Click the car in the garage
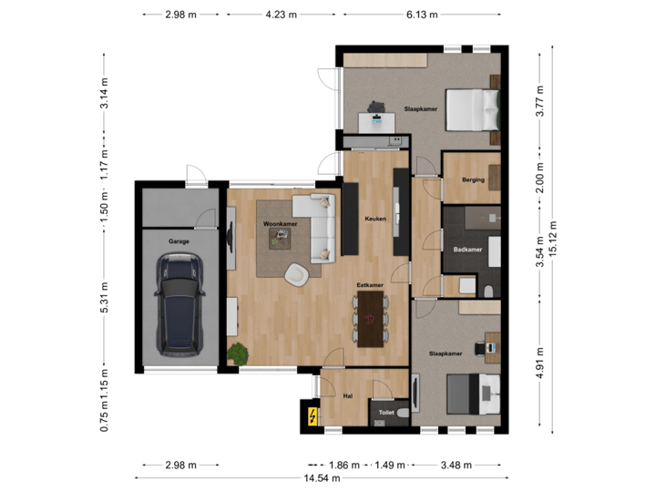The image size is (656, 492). click(x=179, y=305)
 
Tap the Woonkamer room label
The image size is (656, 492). click(x=281, y=223)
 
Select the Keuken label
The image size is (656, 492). click(x=375, y=219)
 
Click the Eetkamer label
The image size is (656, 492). click(x=369, y=285)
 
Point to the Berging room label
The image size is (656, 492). click(x=472, y=180)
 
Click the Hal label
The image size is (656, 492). click(x=347, y=396)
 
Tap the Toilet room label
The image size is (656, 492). click(x=386, y=413)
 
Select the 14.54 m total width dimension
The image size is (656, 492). click(x=323, y=477)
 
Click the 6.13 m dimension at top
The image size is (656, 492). click(x=423, y=15)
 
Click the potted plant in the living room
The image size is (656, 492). click(x=239, y=353)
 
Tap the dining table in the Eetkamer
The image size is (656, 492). click(x=370, y=324)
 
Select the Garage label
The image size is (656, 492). click(x=179, y=241)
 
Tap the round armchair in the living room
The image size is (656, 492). click(x=296, y=272)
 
